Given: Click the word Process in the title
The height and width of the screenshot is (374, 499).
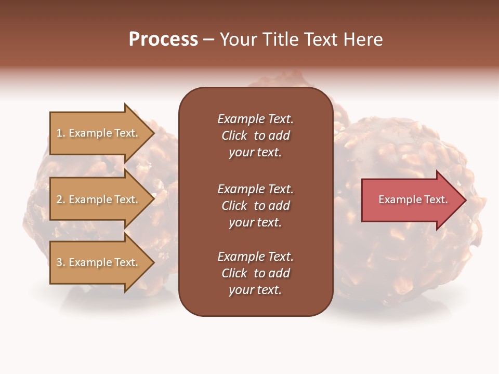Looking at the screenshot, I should coord(163,39).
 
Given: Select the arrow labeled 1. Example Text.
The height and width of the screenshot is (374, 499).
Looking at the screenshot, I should coord(99,133).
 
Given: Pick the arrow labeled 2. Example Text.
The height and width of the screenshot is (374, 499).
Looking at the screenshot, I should coord(99,199).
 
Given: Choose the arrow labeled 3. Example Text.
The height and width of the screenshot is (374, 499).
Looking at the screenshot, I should coord(99,262).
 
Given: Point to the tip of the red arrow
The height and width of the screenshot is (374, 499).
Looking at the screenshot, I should coord(465,200).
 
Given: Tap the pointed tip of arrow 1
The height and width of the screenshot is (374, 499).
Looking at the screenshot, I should coord(153,133).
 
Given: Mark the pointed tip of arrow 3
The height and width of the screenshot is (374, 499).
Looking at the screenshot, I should coord(153,262).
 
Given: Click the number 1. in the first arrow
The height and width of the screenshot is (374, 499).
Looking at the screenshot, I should coord(61,133).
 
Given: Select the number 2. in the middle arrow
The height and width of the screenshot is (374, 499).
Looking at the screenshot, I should coord(61,199).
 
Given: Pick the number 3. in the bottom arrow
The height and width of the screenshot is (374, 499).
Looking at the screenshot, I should coord(61,262).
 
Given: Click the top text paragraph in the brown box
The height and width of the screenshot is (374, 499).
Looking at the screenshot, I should coord(255,136).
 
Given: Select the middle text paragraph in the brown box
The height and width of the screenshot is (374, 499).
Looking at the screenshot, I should coord(255,206).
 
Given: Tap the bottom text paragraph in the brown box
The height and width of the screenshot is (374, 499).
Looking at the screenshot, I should coord(255,273).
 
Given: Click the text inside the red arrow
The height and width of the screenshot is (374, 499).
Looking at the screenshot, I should coord(413,199).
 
